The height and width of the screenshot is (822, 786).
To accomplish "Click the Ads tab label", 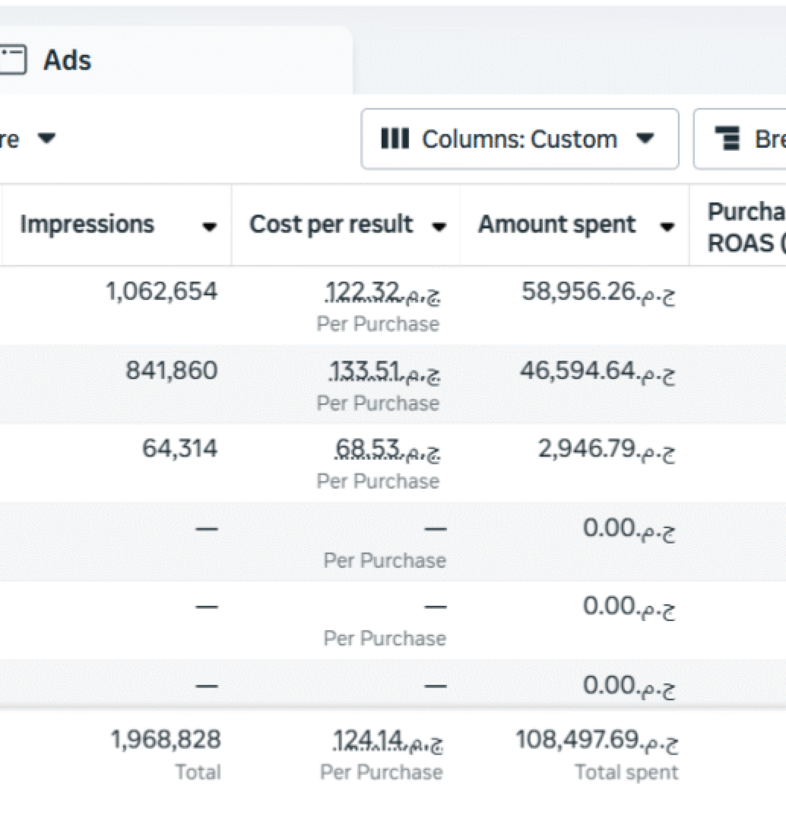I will (x=67, y=60).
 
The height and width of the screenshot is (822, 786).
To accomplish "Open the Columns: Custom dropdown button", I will (x=519, y=139).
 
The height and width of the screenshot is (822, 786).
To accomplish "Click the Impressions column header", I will (x=87, y=225).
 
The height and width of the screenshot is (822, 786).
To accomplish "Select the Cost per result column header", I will (x=331, y=225).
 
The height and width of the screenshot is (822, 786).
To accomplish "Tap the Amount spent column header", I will (x=557, y=225).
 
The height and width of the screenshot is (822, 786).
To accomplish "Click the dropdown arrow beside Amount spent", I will (x=667, y=227).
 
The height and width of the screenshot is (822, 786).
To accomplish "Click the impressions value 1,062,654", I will (x=162, y=291).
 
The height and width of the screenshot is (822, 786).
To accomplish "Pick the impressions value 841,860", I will (x=171, y=370).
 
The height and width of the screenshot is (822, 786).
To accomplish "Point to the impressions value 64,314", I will (x=179, y=449).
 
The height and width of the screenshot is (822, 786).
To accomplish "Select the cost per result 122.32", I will (x=382, y=293).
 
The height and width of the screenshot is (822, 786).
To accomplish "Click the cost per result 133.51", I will (x=384, y=372).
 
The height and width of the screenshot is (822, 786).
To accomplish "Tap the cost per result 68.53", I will (x=387, y=450).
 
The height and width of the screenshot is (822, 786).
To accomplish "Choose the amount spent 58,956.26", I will (x=598, y=292).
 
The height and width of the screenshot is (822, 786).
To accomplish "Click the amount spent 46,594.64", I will (x=597, y=371).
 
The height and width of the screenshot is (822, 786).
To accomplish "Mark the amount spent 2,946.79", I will (x=606, y=450).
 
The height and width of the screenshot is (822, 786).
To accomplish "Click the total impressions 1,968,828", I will (x=166, y=740).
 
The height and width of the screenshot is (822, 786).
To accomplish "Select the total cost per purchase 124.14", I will (x=388, y=741).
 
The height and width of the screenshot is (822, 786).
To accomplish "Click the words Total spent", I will (x=626, y=772).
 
